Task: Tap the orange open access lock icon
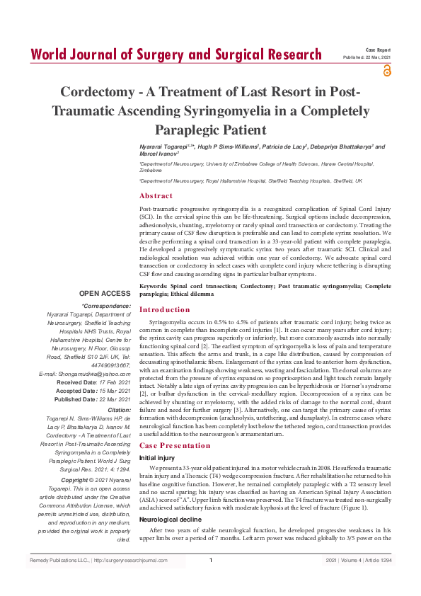click(386, 70)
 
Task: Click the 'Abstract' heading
click(156, 196)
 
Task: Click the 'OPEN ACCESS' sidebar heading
click(105, 293)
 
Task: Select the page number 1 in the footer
click(211, 580)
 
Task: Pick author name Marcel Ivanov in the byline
click(158, 152)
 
